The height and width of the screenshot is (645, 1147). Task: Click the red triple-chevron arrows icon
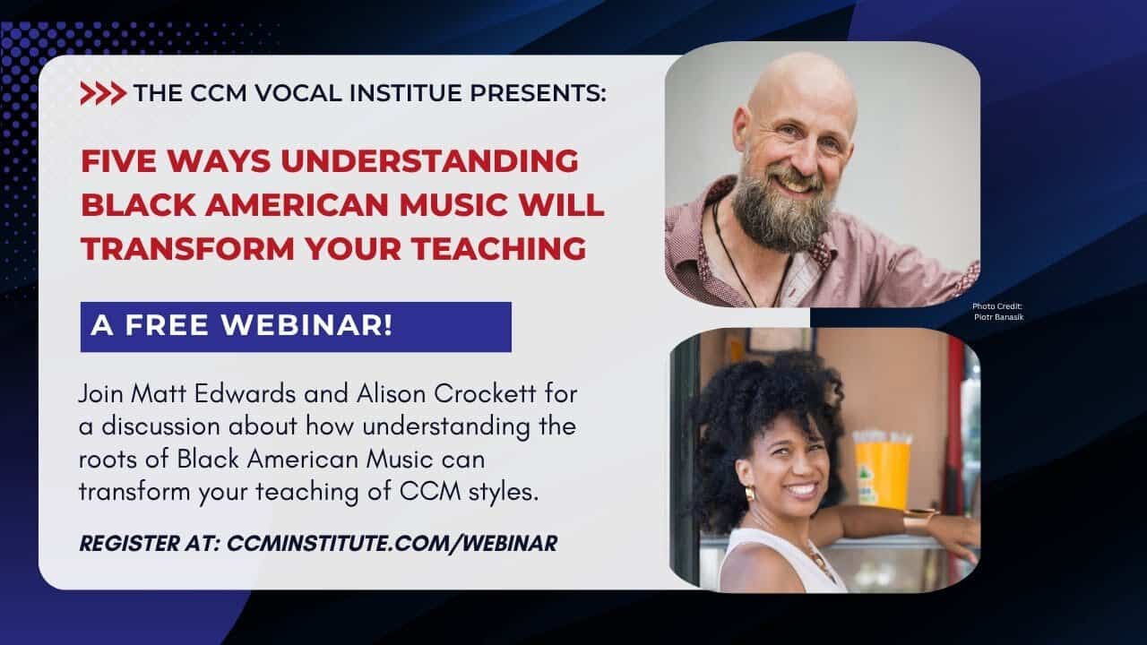(103, 93)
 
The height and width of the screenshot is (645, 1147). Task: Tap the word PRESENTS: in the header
(539, 93)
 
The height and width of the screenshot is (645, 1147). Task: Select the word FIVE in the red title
(118, 161)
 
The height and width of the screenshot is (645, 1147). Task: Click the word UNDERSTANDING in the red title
(429, 161)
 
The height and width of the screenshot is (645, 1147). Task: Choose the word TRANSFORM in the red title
(187, 249)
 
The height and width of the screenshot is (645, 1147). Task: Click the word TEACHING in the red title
(499, 249)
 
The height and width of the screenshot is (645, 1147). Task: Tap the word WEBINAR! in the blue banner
(306, 325)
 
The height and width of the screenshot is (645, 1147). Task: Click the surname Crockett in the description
(485, 394)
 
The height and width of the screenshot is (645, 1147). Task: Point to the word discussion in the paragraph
(160, 427)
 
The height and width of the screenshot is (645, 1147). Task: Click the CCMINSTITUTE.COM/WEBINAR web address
(392, 544)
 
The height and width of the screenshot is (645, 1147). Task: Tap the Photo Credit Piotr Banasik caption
(998, 312)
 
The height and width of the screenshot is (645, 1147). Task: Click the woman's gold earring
(750, 494)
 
